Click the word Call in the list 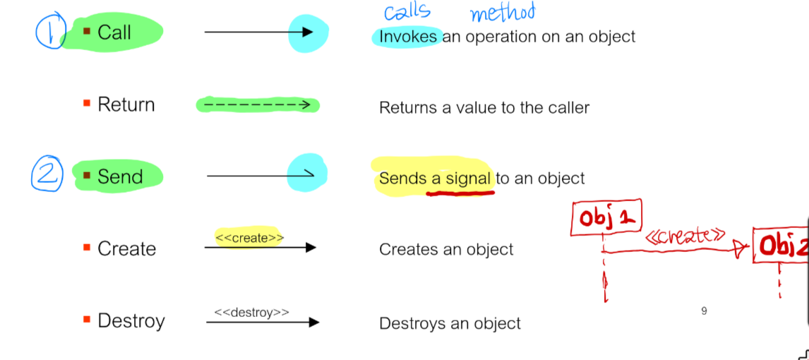click(114, 32)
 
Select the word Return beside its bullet click(126, 104)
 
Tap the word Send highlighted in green click(120, 176)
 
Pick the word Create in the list click(126, 248)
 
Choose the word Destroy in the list click(131, 321)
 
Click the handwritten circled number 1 click(51, 32)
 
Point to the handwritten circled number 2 click(47, 174)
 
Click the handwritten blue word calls click(407, 12)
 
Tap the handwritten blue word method click(502, 12)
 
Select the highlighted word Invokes click(408, 37)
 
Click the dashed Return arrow click(257, 105)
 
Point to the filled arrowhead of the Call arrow click(306, 32)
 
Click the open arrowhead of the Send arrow click(308, 175)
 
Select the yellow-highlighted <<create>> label click(249, 238)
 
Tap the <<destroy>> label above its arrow click(251, 312)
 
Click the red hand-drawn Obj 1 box click(606, 219)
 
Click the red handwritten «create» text click(685, 235)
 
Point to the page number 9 click(704, 311)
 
